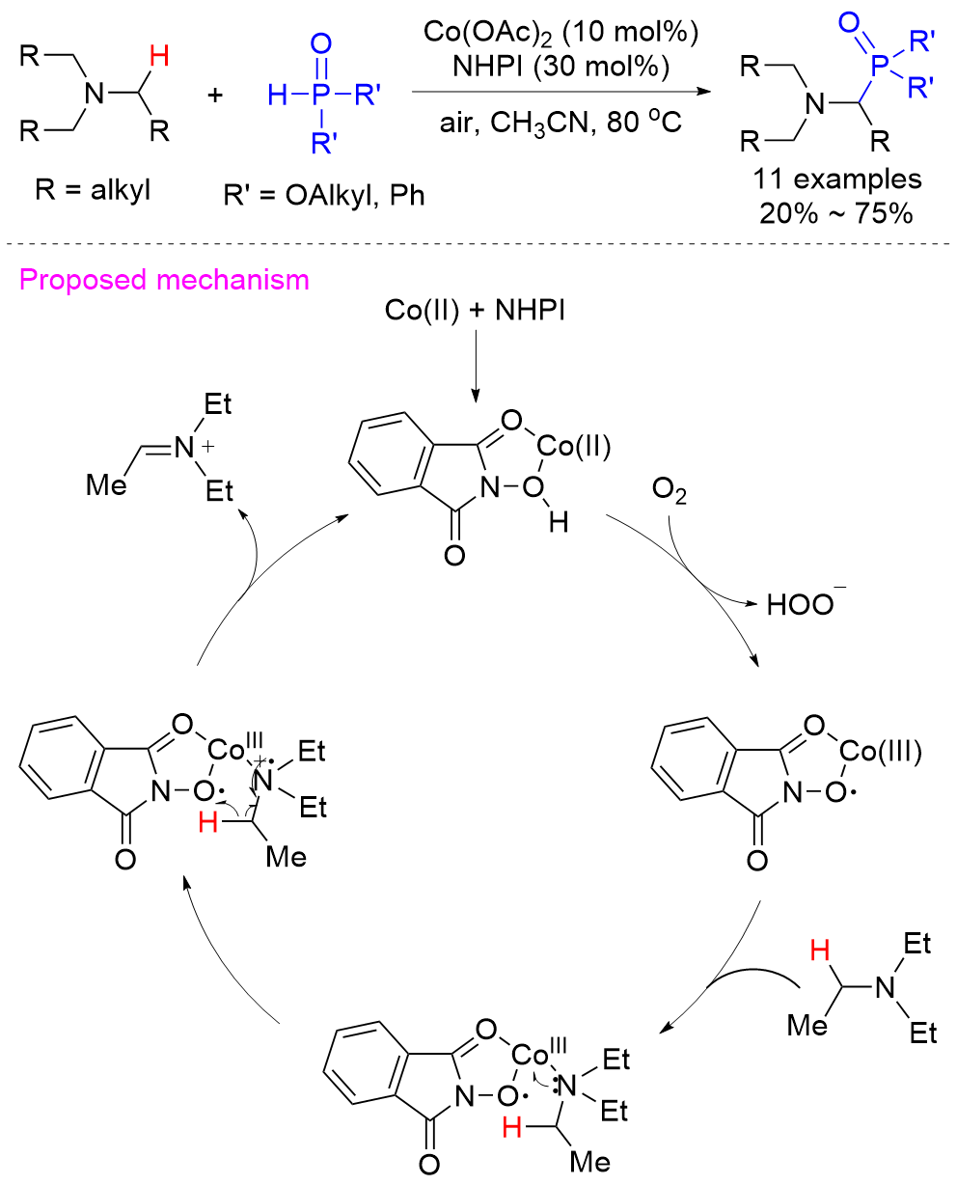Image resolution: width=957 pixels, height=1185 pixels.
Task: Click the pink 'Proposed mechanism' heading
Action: pos(163,281)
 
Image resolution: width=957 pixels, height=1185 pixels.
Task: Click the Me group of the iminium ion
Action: pos(105,483)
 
